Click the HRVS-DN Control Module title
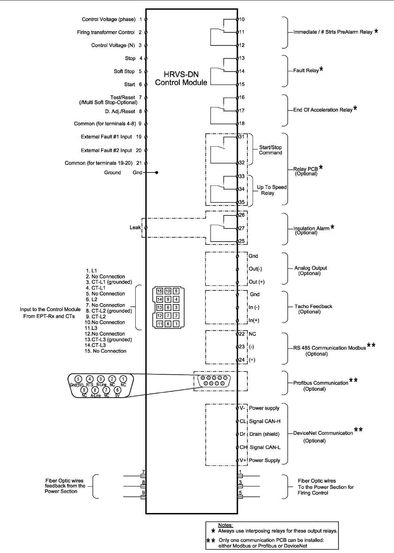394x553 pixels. tap(181, 79)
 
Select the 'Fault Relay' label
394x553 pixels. tap(306, 71)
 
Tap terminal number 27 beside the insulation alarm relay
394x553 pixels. tap(242, 228)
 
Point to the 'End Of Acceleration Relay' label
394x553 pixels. tap(323, 110)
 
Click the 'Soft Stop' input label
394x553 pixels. tap(124, 71)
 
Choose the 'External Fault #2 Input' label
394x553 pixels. tap(106, 150)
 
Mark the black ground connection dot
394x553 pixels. tap(157, 172)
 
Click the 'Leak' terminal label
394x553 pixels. tap(135, 227)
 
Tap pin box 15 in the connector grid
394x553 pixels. tap(160, 291)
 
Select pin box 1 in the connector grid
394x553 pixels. tap(176, 324)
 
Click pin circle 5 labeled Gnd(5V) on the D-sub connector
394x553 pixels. tap(77, 379)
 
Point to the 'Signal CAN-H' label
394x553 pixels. tap(264, 421)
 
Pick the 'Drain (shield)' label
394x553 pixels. tap(264, 434)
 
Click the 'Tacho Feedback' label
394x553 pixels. tap(313, 306)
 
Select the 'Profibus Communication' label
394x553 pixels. tap(321, 383)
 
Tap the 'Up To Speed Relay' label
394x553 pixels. tap(271, 190)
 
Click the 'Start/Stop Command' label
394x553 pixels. tap(270, 150)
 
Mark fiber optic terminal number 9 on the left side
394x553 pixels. tap(143, 493)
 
